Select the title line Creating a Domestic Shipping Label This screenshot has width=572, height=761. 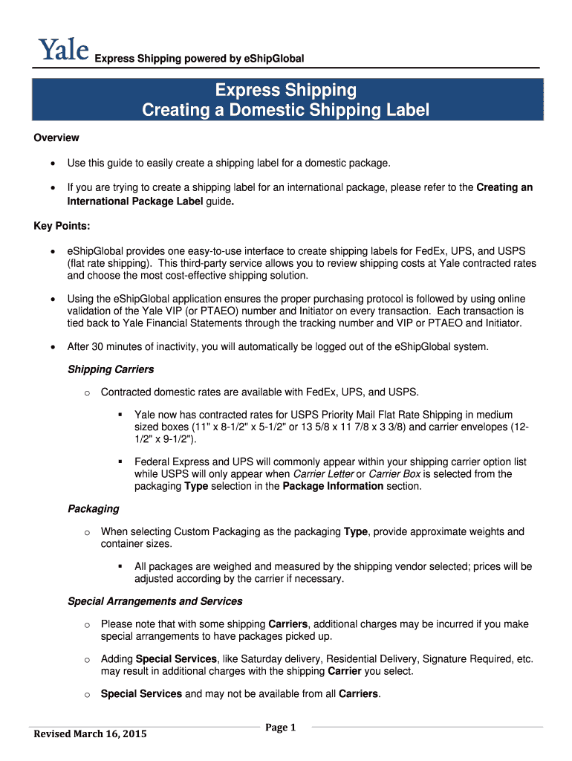click(x=286, y=111)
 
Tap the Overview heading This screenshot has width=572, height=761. click(x=56, y=137)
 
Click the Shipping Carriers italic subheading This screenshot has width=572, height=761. click(x=111, y=369)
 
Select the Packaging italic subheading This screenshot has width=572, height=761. click(x=93, y=509)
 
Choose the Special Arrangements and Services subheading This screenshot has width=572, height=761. click(x=155, y=600)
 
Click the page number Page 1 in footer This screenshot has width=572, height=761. click(x=281, y=728)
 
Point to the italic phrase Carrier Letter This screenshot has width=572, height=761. click(x=323, y=473)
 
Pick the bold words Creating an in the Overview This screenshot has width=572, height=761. click(x=504, y=187)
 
